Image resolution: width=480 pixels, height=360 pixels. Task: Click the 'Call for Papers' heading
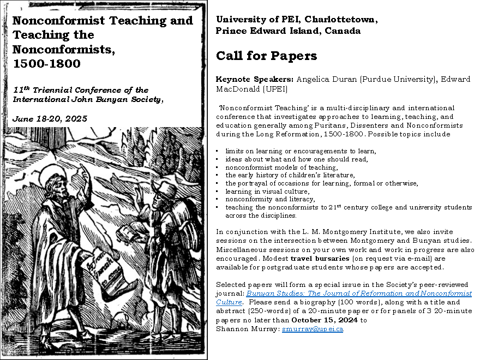click(266, 56)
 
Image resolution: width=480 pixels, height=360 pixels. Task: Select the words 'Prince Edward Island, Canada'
click(288, 31)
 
